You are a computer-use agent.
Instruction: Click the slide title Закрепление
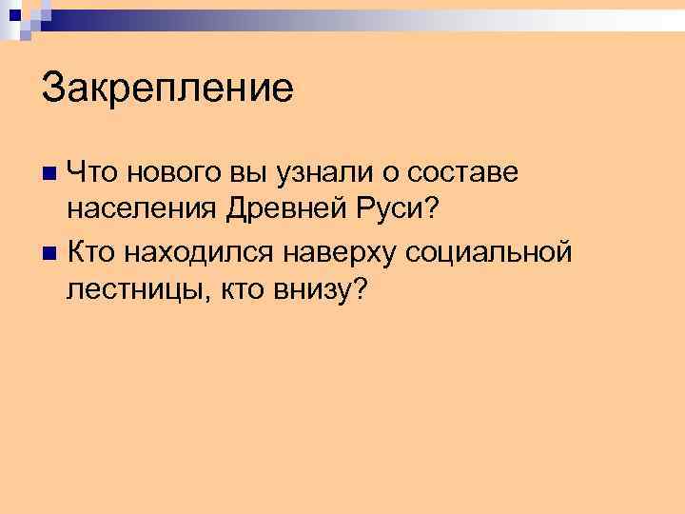pyautogui.click(x=167, y=89)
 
